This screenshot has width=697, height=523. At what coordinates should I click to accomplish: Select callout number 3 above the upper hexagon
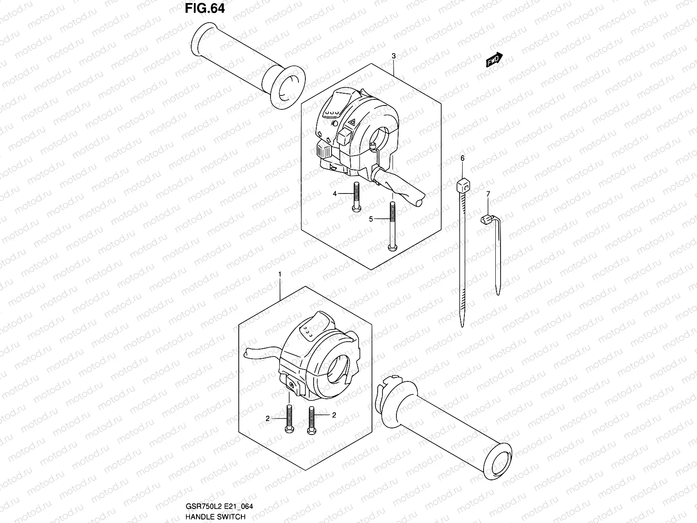click(x=393, y=56)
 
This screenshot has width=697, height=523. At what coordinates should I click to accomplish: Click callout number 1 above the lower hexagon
click(x=280, y=274)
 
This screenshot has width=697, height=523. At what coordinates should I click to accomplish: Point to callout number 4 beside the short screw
click(x=335, y=194)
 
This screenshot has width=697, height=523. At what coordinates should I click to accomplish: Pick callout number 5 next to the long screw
click(x=371, y=219)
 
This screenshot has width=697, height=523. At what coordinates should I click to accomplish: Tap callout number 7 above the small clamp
click(x=488, y=193)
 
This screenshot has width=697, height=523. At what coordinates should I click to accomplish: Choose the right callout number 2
click(x=334, y=415)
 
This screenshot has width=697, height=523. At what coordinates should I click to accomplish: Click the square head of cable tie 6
click(x=463, y=188)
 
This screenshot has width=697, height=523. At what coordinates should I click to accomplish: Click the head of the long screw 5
click(x=392, y=248)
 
